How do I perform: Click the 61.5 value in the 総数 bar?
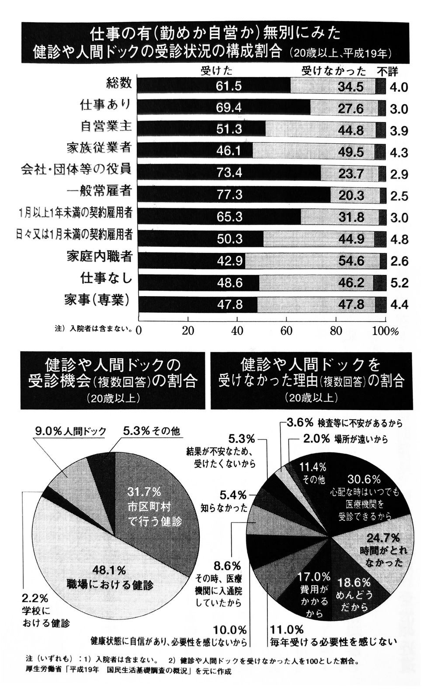coord(229,86)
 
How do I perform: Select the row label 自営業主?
coord(106,127)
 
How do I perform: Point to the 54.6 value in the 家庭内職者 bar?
coord(351,261)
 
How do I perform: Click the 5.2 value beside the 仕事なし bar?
coord(399,283)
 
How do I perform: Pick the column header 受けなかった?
coord(333,71)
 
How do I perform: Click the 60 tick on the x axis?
coord(286,331)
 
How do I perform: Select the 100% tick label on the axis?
coord(385,331)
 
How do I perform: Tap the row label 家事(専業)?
coord(97,301)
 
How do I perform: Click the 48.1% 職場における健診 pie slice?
coord(109,577)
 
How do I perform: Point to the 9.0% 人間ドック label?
coord(70,431)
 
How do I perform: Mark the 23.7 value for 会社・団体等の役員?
coord(351,173)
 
